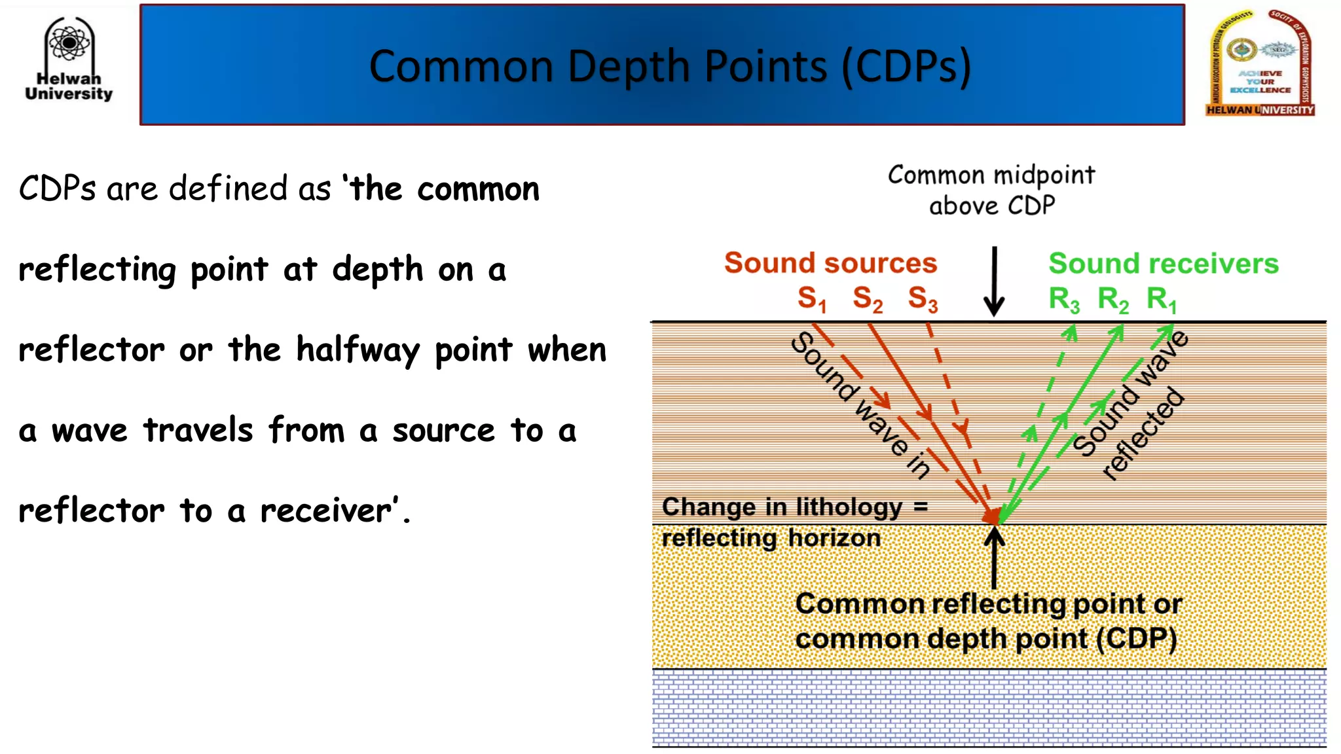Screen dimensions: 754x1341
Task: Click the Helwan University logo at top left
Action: [69, 59]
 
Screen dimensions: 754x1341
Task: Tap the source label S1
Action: [812, 299]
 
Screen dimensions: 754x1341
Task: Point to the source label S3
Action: [923, 299]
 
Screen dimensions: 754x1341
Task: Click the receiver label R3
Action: [1063, 299]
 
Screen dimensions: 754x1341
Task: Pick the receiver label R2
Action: [1112, 299]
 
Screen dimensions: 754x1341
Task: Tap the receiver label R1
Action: [1162, 299]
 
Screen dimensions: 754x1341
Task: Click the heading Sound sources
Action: [830, 263]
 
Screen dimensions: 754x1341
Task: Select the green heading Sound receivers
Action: [1163, 264]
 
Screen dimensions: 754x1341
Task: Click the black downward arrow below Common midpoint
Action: [994, 281]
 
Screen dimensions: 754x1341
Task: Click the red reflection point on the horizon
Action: [993, 516]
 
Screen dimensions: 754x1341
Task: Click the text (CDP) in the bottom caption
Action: [1136, 639]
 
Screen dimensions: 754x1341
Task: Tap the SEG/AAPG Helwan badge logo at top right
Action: [1260, 63]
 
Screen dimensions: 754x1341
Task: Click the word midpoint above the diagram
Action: [1044, 175]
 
